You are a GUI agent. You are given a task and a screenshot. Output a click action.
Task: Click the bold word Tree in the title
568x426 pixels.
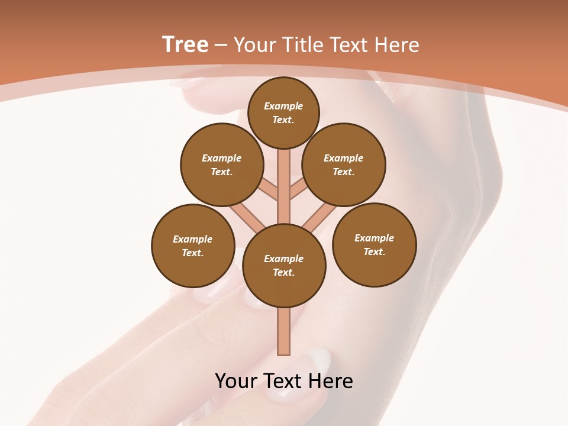(185, 45)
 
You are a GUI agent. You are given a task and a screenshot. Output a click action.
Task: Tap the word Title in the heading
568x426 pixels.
(302, 45)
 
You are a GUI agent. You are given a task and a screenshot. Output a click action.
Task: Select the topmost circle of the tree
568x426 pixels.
(283, 112)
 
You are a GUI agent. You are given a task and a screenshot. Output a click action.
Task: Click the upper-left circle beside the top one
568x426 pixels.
(221, 164)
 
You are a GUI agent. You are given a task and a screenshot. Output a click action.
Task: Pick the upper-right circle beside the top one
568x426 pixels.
(344, 164)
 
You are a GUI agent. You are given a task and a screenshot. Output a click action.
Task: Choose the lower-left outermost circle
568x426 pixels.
(193, 246)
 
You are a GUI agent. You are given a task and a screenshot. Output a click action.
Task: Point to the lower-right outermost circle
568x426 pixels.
(374, 244)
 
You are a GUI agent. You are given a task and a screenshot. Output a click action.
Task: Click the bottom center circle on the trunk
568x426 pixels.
(284, 265)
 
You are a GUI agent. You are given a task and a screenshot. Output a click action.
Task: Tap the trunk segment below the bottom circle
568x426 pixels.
(284, 331)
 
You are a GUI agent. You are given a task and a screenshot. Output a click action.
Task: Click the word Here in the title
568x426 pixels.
(396, 45)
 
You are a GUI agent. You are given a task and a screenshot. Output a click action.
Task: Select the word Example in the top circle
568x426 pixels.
(283, 106)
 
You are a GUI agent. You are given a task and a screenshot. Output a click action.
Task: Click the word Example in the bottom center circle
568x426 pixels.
(284, 259)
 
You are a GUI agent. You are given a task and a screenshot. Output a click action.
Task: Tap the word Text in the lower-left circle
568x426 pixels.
(192, 253)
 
